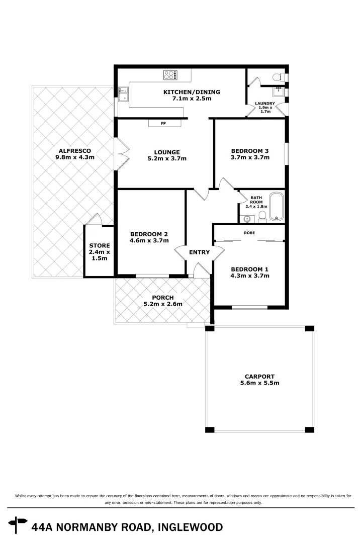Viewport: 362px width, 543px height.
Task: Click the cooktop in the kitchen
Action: tap(170, 75)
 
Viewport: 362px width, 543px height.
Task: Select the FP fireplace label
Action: tap(163, 123)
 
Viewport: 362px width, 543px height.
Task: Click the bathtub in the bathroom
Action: tap(277, 207)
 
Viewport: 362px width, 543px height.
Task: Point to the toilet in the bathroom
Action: tap(262, 216)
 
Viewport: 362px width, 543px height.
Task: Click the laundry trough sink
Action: tap(278, 92)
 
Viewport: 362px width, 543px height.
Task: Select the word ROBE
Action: tap(249, 233)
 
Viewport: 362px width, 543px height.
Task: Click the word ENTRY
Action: tap(199, 252)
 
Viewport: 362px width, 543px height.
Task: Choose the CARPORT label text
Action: tap(259, 376)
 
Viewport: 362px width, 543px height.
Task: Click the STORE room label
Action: tap(99, 245)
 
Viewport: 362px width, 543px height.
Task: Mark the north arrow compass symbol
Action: tap(19, 525)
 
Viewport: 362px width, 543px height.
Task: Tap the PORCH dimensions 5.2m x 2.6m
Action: tap(163, 304)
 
